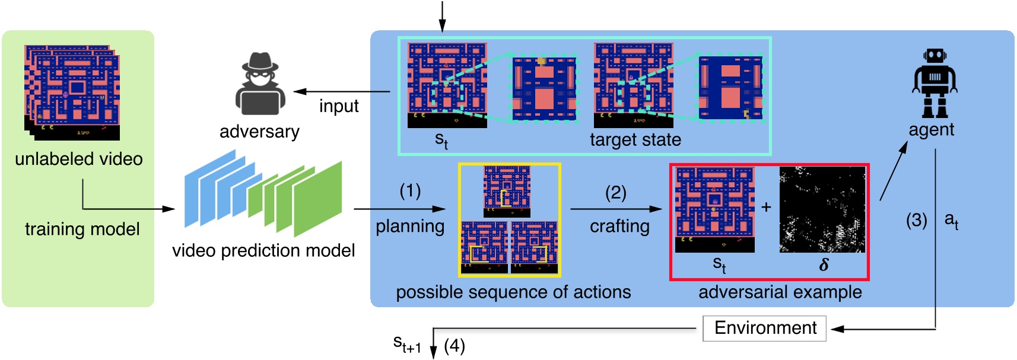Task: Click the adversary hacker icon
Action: [x=260, y=85]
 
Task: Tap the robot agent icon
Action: [x=935, y=83]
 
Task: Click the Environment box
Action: [x=765, y=328]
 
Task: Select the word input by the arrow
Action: [x=339, y=106]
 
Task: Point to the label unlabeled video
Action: [x=79, y=159]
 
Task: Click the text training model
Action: [x=82, y=229]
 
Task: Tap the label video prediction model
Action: [x=263, y=250]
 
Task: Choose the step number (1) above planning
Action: [x=410, y=191]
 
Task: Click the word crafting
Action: [x=619, y=226]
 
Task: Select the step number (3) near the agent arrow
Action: [x=916, y=221]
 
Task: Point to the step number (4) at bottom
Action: [x=455, y=346]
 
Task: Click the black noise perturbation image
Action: [x=822, y=209]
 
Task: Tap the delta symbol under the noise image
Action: [x=824, y=265]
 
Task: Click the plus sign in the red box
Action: [x=767, y=207]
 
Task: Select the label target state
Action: [x=635, y=140]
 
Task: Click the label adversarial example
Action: [x=780, y=292]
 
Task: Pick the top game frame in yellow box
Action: [x=507, y=191]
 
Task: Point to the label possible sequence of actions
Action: [x=513, y=292]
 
